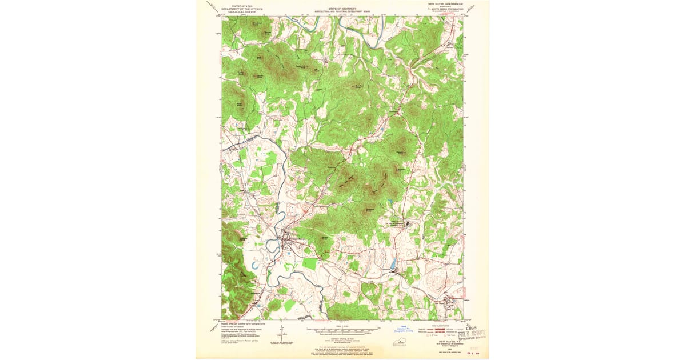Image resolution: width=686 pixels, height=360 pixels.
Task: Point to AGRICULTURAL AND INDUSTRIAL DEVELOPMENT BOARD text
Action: (x=341, y=12)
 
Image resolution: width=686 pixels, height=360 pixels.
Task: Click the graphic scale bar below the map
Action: (x=341, y=330)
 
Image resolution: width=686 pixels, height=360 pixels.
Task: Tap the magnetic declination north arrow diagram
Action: (x=282, y=333)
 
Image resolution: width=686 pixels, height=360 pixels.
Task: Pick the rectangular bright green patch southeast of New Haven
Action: (x=309, y=263)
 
